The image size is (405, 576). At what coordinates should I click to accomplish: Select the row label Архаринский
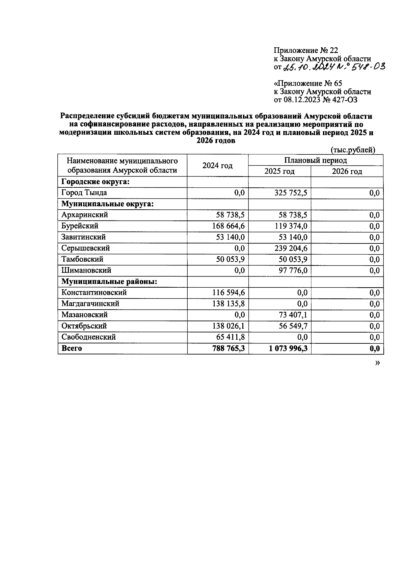pos(84,215)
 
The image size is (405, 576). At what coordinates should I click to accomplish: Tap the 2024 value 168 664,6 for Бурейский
pos(226,226)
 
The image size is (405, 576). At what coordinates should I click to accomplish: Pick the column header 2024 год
pos(217,165)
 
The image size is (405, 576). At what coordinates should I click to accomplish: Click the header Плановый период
pos(316,160)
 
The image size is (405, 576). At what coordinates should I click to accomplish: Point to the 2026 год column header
pos(347,172)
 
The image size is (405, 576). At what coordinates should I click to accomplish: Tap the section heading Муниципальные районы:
pos(109,282)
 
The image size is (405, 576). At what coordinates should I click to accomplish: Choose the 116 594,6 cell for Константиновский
pos(226,293)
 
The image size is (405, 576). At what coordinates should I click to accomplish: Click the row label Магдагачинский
pos(90,304)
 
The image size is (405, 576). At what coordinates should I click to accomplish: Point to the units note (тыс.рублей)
pos(353,150)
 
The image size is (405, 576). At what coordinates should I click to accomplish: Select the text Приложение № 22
pos(305,50)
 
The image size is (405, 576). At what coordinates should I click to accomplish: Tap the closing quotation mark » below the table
pos(377,363)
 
